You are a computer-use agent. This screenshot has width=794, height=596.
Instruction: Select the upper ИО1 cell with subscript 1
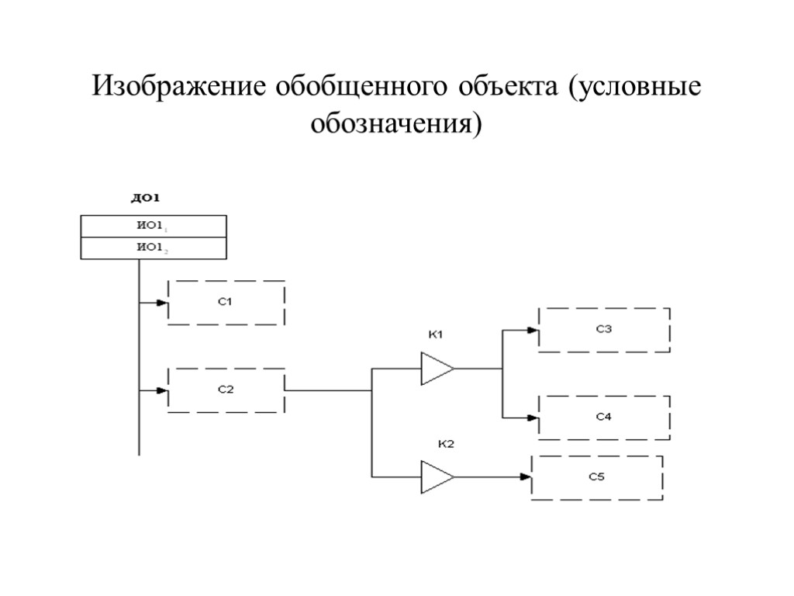pos(154,227)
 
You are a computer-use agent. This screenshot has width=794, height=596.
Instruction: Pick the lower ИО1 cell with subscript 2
pos(154,248)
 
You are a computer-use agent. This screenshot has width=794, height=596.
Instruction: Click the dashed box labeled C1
pos(226,303)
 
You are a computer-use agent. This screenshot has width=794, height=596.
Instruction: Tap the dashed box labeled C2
pos(226,390)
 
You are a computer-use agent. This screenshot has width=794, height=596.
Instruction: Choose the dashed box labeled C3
pos(604,330)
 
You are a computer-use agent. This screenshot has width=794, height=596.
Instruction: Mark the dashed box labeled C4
pos(604,418)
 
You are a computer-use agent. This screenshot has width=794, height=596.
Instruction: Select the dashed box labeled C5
pos(596,477)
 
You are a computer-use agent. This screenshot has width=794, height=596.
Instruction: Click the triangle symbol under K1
pos(437,369)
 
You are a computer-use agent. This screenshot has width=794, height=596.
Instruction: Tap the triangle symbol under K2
pos(437,476)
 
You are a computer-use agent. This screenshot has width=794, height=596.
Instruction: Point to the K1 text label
pos(435,335)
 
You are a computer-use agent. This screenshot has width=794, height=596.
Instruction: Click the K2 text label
pos(446,444)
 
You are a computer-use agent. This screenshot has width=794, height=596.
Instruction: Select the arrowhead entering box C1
pos(163,303)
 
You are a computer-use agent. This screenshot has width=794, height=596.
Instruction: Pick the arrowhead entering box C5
pos(526,477)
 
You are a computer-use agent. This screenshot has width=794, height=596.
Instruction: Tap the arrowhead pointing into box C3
pos(533,330)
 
